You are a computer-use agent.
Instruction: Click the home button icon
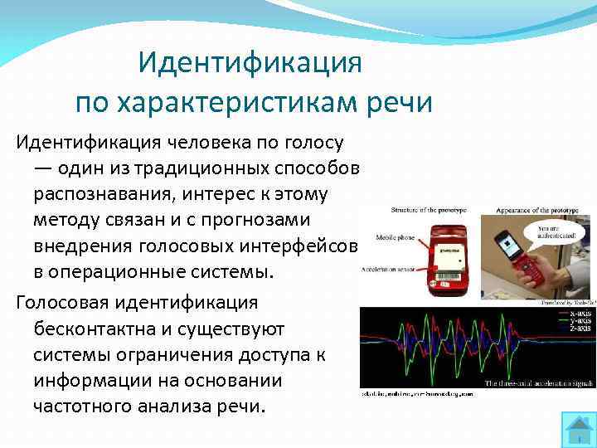(576, 428)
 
